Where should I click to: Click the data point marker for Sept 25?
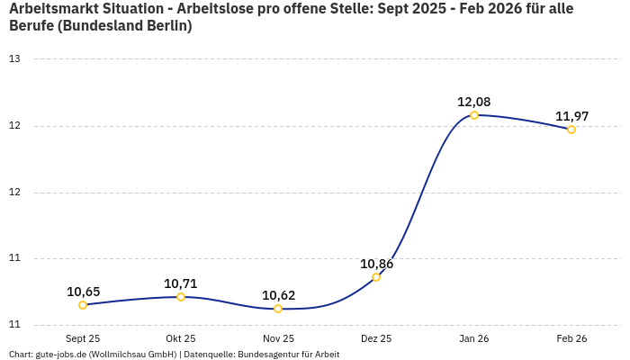tap(83, 305)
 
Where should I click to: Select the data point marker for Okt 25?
tap(181, 297)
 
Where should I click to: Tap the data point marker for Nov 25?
tap(278, 309)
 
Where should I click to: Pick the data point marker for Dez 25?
tap(376, 277)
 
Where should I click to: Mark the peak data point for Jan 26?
tap(474, 115)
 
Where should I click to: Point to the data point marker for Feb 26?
tap(571, 130)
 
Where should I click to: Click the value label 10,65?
tap(83, 292)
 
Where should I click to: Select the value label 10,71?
tap(181, 283)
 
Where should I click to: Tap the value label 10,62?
tap(278, 295)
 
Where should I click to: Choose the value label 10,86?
tap(376, 264)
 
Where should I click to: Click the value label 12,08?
tap(474, 102)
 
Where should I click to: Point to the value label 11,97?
tap(571, 116)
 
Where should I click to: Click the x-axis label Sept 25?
tap(83, 338)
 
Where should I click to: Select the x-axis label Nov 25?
tap(278, 338)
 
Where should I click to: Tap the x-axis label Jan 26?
tap(474, 338)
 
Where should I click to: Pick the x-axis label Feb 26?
tap(571, 338)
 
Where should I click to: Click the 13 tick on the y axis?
tap(14, 59)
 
